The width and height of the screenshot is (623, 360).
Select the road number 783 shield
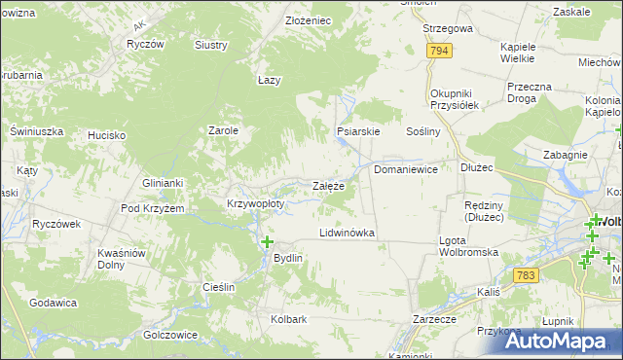pos(527,275)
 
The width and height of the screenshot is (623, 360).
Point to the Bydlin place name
pos(289,258)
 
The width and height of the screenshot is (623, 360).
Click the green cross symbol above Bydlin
pos(267,240)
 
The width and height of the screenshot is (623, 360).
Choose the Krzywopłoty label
pos(255,204)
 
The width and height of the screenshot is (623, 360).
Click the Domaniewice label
pos(406,169)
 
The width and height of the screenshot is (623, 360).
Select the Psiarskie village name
pos(357,130)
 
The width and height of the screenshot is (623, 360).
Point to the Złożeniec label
pos(281,20)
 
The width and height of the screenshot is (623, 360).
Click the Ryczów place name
pos(143,45)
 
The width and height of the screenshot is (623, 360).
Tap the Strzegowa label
pos(448,29)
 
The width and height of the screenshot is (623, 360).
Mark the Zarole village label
pos(224,129)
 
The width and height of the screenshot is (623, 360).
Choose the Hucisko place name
pos(106,135)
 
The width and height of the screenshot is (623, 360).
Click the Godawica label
pos(54,303)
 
